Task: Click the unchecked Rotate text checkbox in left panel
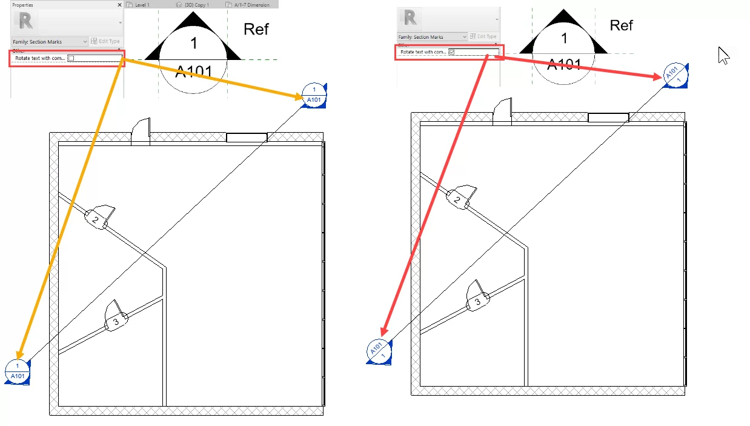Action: [70, 58]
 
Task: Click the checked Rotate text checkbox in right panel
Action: [451, 53]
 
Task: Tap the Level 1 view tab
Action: [139, 4]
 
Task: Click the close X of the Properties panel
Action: [119, 4]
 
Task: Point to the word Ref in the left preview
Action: [256, 29]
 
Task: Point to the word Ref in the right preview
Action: [621, 25]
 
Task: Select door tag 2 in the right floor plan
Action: [457, 199]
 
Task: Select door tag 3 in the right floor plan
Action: [477, 301]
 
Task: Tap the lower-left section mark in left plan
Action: [18, 371]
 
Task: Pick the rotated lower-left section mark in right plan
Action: [379, 351]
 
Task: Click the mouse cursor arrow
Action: [723, 55]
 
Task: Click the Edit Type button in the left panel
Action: [105, 41]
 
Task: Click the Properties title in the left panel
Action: [23, 4]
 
